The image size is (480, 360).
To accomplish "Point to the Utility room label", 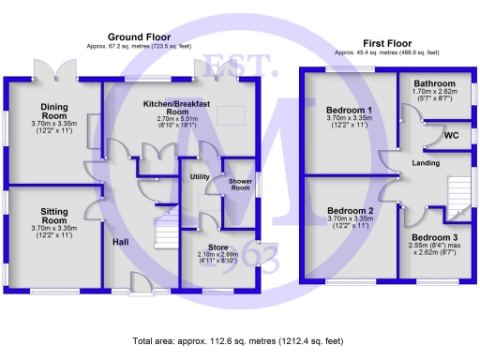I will (x=200, y=176).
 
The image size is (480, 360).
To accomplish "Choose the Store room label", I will (x=217, y=247).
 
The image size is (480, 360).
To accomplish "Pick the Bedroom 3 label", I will (x=434, y=238).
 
